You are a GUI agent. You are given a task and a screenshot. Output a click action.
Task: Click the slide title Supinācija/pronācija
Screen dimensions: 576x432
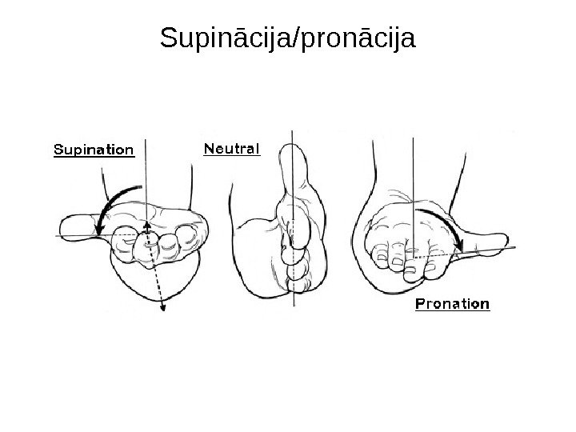pos(288,37)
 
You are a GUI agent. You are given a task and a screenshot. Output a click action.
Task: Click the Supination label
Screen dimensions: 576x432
pos(93,150)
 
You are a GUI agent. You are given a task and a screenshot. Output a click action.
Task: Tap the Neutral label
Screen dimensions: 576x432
pos(232,149)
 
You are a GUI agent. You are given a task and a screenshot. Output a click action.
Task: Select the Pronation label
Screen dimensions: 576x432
pos(452,304)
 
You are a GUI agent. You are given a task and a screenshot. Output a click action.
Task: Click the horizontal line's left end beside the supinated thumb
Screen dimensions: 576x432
pos(58,236)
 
